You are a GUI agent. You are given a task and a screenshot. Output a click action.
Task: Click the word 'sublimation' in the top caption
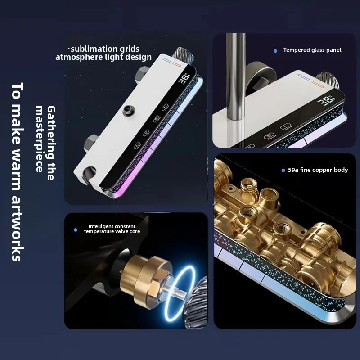tap(89, 49)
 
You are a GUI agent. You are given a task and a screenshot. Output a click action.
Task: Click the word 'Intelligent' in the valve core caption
tap(101, 227)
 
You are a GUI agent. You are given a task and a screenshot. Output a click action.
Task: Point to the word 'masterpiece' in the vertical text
tap(40, 139)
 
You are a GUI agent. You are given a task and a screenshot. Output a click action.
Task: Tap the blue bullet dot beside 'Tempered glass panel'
tap(275, 51)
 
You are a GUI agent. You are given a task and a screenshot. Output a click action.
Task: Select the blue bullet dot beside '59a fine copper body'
tap(283, 171)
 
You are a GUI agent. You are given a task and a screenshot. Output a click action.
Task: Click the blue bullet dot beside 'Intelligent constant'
tap(76, 230)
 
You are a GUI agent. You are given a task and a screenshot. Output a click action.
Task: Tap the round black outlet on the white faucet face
tap(129, 110)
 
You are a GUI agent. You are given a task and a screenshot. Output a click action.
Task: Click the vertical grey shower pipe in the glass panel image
tap(235, 76)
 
